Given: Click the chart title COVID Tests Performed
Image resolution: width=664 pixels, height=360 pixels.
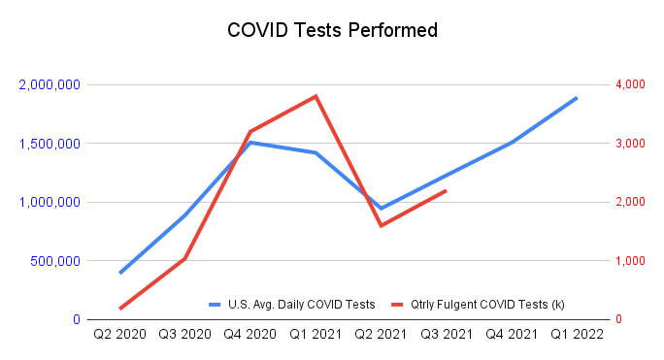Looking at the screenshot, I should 332,30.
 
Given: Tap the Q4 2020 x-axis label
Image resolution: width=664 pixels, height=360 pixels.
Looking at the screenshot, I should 249,335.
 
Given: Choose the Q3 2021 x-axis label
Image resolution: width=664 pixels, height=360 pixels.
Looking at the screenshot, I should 446,335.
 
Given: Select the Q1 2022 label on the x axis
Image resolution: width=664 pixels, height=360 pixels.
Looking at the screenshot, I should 577,335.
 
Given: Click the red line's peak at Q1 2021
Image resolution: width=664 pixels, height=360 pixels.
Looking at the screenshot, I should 315,96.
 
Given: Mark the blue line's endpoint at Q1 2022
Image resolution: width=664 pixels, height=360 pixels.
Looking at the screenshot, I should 577,97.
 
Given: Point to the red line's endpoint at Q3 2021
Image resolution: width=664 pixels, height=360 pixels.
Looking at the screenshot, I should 446,190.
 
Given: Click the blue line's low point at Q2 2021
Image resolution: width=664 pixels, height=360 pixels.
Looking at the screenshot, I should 381,209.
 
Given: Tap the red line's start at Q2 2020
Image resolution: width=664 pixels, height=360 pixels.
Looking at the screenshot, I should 120,309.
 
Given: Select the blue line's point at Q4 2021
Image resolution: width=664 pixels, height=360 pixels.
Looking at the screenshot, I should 512,143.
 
